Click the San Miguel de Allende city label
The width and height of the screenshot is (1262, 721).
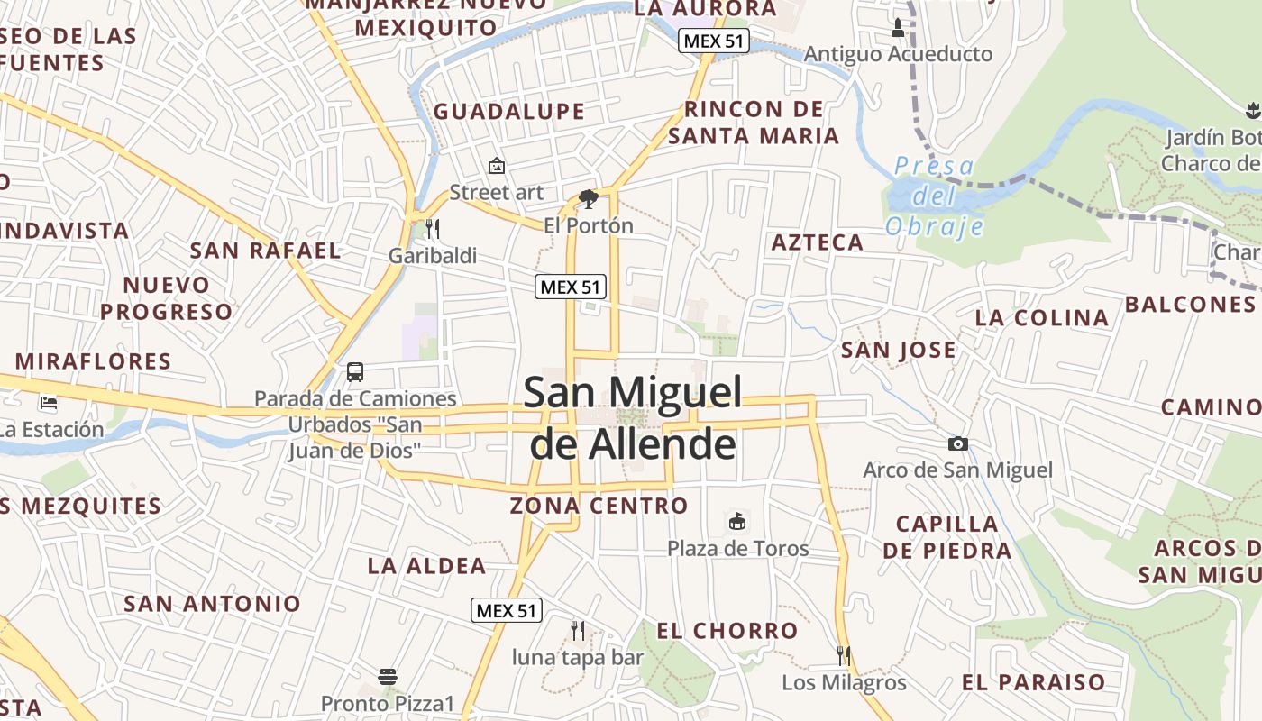click(633, 418)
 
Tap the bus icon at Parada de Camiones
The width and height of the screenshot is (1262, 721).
click(355, 371)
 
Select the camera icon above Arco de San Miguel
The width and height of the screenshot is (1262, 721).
click(957, 443)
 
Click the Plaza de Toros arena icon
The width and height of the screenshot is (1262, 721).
click(737, 521)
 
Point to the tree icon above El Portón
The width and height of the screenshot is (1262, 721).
click(589, 198)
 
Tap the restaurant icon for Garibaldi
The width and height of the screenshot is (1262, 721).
click(433, 229)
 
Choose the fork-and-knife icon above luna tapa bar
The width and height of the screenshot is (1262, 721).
click(578, 630)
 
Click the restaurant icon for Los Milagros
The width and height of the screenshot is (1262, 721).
click(844, 655)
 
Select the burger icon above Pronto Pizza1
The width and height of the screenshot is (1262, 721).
click(388, 676)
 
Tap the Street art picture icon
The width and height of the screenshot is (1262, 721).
click(496, 166)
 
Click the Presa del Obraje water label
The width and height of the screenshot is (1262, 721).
click(934, 196)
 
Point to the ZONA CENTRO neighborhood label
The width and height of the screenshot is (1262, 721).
click(599, 506)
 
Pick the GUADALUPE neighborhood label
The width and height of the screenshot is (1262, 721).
click(509, 112)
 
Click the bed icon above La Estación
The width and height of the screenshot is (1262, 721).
click(49, 403)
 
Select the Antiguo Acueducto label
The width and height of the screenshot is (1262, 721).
click(898, 54)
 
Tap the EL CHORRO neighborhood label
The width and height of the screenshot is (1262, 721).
click(727, 631)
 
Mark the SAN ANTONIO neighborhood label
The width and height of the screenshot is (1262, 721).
click(212, 603)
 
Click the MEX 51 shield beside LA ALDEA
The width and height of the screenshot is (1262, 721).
click(507, 610)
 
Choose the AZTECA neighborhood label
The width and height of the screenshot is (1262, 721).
click(818, 242)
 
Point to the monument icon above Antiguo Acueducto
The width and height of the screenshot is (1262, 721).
click(897, 27)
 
